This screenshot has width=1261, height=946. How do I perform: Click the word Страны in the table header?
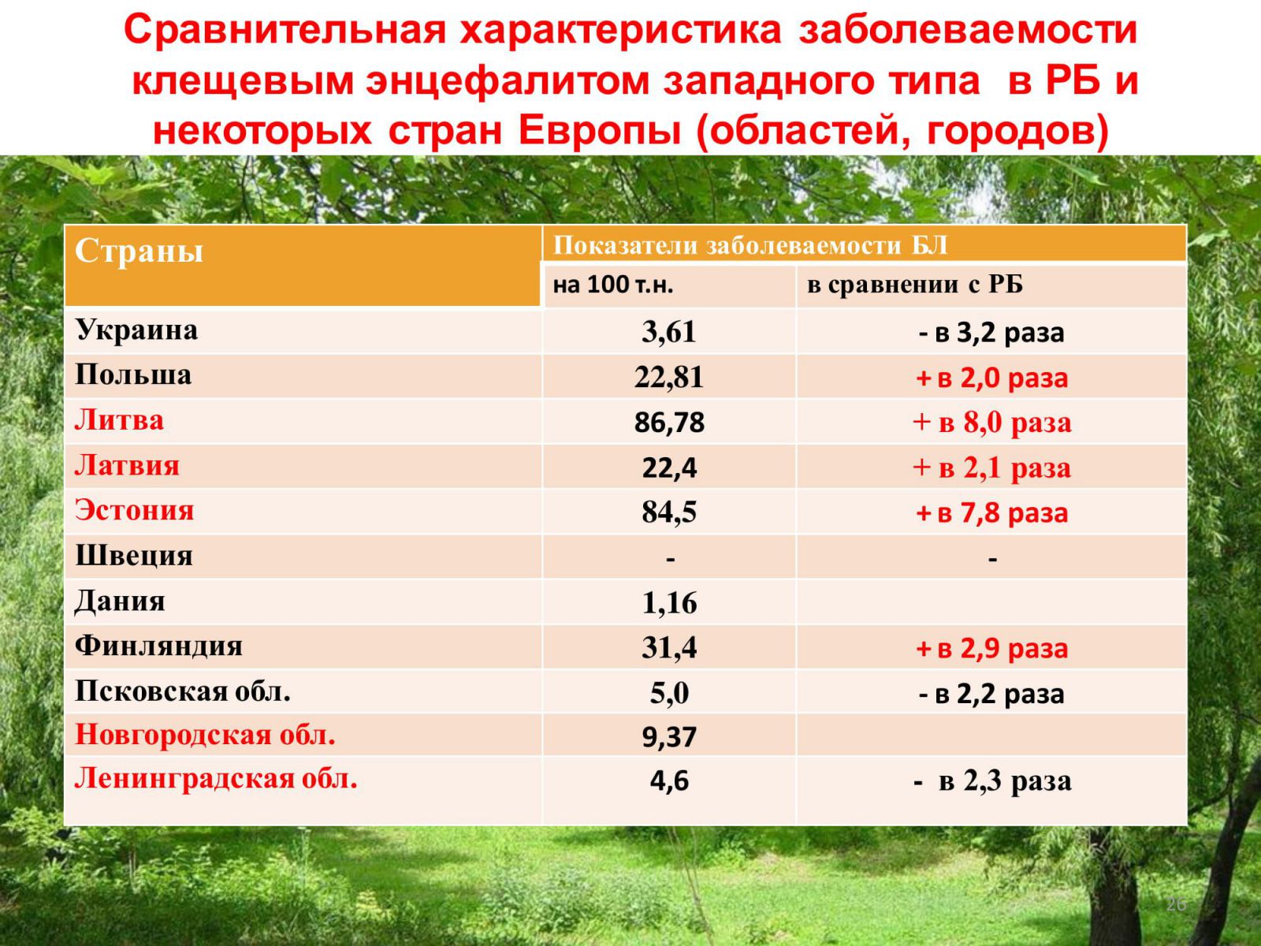pyautogui.click(x=139, y=251)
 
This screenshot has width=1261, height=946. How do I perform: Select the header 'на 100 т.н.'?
pyautogui.click(x=612, y=285)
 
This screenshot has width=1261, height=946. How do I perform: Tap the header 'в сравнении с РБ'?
pyautogui.click(x=914, y=285)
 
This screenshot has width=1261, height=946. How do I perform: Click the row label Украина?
pyautogui.click(x=136, y=330)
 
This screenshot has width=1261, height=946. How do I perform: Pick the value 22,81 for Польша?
pyautogui.click(x=668, y=378)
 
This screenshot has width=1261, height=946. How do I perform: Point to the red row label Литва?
pyautogui.click(x=120, y=420)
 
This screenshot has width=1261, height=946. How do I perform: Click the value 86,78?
pyautogui.click(x=669, y=423)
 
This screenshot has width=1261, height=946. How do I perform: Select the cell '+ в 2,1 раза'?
pyautogui.click(x=991, y=467)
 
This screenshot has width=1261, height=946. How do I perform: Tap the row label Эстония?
pyautogui.click(x=135, y=510)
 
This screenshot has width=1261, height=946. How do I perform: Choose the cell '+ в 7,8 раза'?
pyautogui.click(x=991, y=513)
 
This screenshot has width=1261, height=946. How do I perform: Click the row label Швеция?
pyautogui.click(x=134, y=556)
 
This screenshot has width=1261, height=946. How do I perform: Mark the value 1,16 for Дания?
pyautogui.click(x=669, y=603)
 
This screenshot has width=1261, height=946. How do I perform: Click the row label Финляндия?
pyautogui.click(x=158, y=646)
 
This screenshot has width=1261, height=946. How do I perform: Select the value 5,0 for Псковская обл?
pyautogui.click(x=669, y=693)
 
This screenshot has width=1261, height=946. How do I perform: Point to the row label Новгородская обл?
pyautogui.click(x=205, y=735)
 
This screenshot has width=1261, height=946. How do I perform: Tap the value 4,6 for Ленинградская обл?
pyautogui.click(x=669, y=781)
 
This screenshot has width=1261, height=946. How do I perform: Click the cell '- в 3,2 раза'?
pyautogui.click(x=991, y=333)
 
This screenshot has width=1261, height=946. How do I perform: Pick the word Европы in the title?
pyautogui.click(x=600, y=130)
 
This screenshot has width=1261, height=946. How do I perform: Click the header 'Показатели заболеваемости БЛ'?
pyautogui.click(x=750, y=246)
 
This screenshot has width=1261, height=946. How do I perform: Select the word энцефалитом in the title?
pyautogui.click(x=508, y=80)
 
